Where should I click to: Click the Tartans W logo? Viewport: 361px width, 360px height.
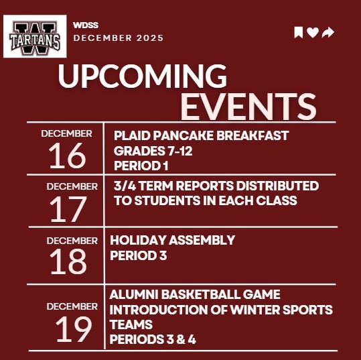point(35,38)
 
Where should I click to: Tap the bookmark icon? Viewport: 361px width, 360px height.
point(299,33)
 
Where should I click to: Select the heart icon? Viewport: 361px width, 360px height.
point(313,33)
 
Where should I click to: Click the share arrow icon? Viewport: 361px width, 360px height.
point(328,33)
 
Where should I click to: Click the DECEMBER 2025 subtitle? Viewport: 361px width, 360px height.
point(118,38)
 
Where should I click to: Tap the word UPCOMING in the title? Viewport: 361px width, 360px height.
point(142,78)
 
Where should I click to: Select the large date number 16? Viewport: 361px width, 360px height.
point(67,156)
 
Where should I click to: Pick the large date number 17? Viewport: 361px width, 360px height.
point(68,209)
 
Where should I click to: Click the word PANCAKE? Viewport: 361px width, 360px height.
point(191,135)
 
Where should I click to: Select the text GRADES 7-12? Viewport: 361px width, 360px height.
point(153,151)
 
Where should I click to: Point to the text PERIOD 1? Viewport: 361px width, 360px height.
point(141,166)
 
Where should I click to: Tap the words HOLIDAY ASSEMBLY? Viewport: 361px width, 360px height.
point(172,240)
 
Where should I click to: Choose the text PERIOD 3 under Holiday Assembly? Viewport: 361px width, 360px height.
point(137,255)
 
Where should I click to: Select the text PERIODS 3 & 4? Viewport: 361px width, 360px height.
point(153,339)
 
